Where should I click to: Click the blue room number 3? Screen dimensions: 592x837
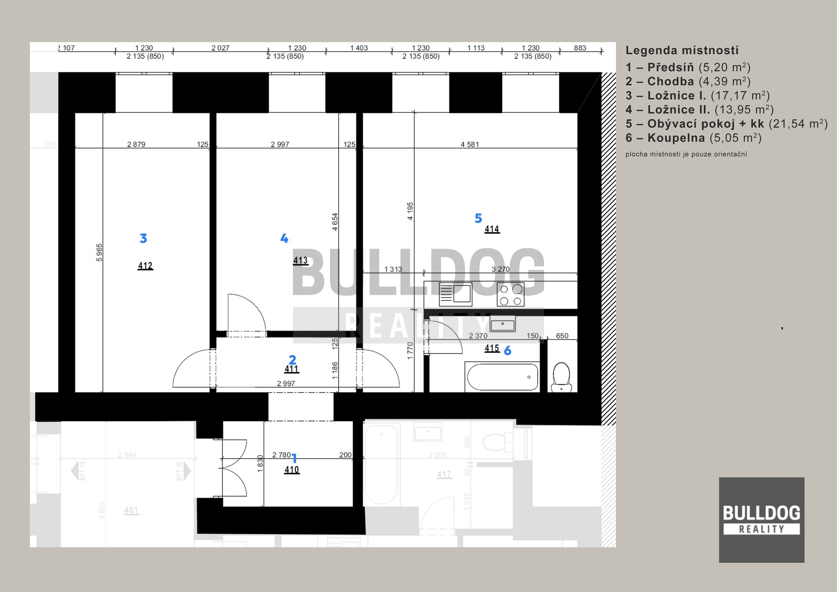click(143, 238)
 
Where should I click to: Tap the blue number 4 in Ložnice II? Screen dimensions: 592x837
click(284, 238)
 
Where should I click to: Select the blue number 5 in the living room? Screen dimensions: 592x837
click(478, 218)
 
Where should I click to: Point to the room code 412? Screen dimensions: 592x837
click(145, 265)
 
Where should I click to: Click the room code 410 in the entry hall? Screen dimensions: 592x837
click(292, 470)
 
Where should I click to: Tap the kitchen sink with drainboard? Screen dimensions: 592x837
click(455, 294)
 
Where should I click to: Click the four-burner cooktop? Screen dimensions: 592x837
click(510, 295)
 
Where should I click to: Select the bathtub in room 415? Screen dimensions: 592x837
click(503, 377)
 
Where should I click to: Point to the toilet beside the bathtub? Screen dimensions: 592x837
click(561, 377)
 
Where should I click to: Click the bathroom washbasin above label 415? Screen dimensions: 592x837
click(503, 325)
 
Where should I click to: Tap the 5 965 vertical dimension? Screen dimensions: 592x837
click(99, 252)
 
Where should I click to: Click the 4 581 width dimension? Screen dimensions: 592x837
click(470, 144)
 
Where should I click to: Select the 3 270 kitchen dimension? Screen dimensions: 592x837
click(500, 269)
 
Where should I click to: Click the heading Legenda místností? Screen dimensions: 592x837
click(682, 51)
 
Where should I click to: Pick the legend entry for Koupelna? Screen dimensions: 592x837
click(693, 138)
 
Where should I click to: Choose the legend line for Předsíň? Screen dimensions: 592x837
click(687, 68)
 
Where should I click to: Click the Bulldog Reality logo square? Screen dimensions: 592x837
click(761, 520)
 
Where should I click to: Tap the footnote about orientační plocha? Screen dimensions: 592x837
click(686, 154)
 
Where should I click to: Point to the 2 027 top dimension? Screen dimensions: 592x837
click(220, 48)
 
